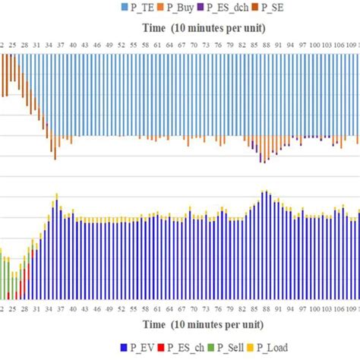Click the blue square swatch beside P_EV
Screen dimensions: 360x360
coord(124,349)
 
